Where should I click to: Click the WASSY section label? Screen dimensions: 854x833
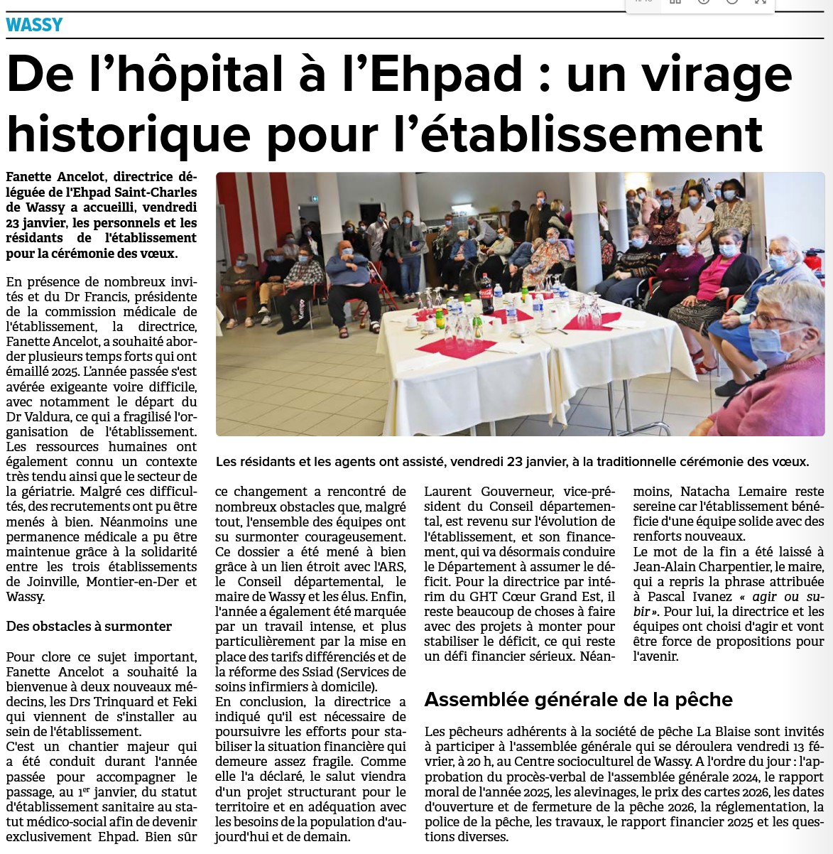(x=34, y=26)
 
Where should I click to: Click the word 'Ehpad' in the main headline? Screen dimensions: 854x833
(x=447, y=75)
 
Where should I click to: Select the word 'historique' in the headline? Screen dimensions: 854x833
(x=129, y=134)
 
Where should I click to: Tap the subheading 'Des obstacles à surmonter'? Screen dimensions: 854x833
(x=89, y=627)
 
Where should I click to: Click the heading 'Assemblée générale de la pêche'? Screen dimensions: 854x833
(x=578, y=700)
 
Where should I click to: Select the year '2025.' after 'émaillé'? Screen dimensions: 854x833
(x=64, y=372)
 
